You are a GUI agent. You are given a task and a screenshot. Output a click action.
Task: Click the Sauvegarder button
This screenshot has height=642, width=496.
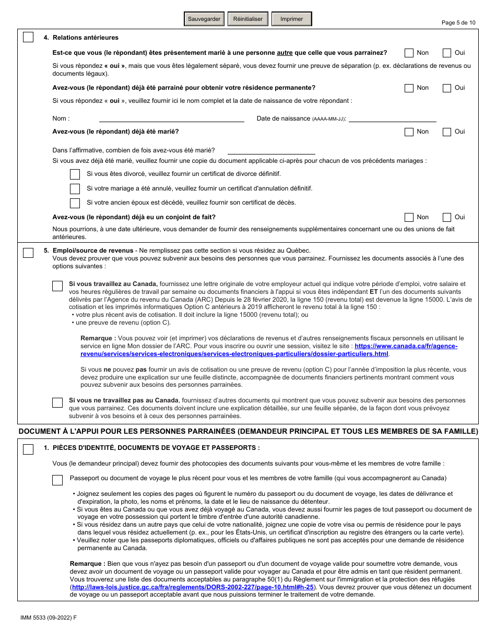(x=204, y=19)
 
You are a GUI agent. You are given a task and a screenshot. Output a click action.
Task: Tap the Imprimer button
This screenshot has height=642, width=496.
(x=291, y=19)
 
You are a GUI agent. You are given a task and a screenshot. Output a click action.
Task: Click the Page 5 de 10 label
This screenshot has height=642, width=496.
(x=458, y=22)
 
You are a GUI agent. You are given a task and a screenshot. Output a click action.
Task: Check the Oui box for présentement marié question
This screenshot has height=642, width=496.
(x=447, y=53)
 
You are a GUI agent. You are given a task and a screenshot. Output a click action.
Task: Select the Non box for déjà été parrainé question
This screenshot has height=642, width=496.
(x=409, y=88)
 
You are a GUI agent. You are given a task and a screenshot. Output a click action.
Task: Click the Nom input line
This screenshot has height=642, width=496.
(x=171, y=118)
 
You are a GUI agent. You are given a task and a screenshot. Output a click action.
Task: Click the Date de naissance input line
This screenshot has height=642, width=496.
(x=392, y=118)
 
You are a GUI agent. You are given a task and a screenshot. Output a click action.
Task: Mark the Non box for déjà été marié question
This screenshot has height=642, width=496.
(x=409, y=132)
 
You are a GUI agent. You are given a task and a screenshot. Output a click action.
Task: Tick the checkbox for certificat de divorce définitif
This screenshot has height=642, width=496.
(x=75, y=174)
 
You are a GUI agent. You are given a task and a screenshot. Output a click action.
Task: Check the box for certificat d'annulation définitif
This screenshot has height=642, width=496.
(x=75, y=189)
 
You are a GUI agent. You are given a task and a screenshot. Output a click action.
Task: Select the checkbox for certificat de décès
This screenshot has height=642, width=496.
(x=75, y=203)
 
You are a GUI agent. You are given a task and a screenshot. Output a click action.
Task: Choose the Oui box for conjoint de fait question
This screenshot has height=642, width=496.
(x=447, y=218)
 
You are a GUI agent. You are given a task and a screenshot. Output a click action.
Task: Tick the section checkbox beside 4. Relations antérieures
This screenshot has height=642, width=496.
(x=28, y=38)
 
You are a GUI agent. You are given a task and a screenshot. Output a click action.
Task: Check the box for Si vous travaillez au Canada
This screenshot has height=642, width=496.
(x=57, y=286)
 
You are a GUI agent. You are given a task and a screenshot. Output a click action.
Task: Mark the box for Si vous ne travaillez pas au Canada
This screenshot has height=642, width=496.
(x=57, y=402)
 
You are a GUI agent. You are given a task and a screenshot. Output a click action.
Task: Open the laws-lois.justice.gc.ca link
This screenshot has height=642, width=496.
(x=193, y=587)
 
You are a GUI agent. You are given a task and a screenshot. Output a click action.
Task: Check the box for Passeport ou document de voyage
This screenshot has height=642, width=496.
(x=57, y=480)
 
